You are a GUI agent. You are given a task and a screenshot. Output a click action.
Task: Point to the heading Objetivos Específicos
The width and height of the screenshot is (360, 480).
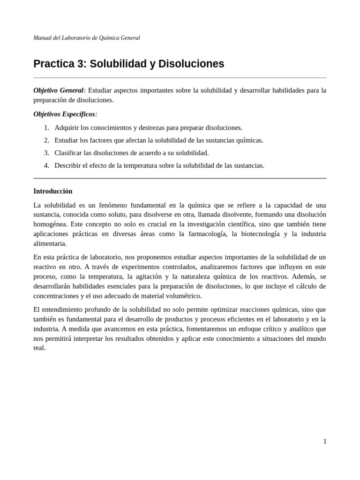pyautogui.click(x=65, y=114)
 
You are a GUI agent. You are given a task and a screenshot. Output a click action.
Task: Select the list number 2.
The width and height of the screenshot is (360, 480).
pyautogui.click(x=46, y=140)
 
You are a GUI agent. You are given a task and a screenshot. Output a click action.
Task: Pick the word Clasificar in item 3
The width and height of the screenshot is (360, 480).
pyautogui.click(x=69, y=153)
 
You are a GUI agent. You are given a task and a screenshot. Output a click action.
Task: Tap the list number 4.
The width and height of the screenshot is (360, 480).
pyautogui.click(x=46, y=165)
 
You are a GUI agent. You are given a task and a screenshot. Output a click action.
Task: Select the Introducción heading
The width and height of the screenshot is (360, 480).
pyautogui.click(x=53, y=191)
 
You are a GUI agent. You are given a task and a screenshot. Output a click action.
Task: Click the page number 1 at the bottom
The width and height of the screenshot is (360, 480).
pyautogui.click(x=324, y=442)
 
